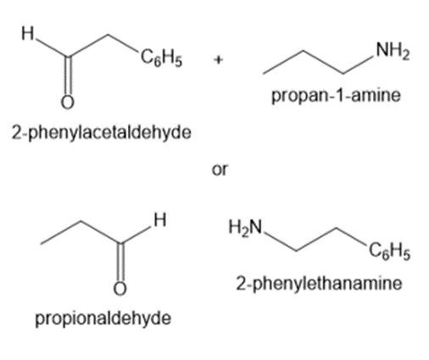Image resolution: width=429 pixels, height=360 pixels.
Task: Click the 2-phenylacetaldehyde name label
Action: (102, 133)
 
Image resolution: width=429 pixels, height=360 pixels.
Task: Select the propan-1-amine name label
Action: (336, 96)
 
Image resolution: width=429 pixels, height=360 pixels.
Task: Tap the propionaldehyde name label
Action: (103, 318)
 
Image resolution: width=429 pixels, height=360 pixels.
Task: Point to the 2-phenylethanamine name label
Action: (319, 284)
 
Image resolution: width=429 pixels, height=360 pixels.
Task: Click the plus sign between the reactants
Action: (218, 60)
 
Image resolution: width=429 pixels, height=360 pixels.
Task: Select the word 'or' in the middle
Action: (220, 170)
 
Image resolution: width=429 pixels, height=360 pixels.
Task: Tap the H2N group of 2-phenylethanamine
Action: (246, 227)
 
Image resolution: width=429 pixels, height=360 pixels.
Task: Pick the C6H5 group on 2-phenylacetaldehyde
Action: (161, 58)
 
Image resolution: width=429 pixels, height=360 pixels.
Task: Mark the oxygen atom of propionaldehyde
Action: (120, 288)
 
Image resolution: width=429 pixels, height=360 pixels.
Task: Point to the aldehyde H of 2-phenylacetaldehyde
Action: (28, 33)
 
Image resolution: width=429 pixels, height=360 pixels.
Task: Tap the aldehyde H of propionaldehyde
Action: (160, 220)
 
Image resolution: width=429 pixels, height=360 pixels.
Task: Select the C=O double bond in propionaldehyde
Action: (120, 262)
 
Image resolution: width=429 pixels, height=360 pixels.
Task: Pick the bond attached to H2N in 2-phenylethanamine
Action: (280, 241)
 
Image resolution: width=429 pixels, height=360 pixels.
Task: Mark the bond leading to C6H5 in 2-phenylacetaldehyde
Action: (124, 44)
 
